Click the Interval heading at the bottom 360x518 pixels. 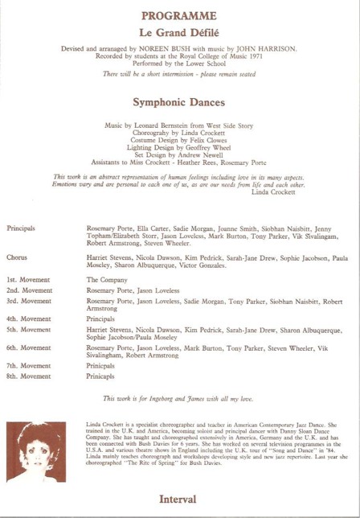[x=178, y=499]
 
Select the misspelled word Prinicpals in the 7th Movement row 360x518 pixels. [x=104, y=366]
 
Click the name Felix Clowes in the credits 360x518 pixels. [x=200, y=140]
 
